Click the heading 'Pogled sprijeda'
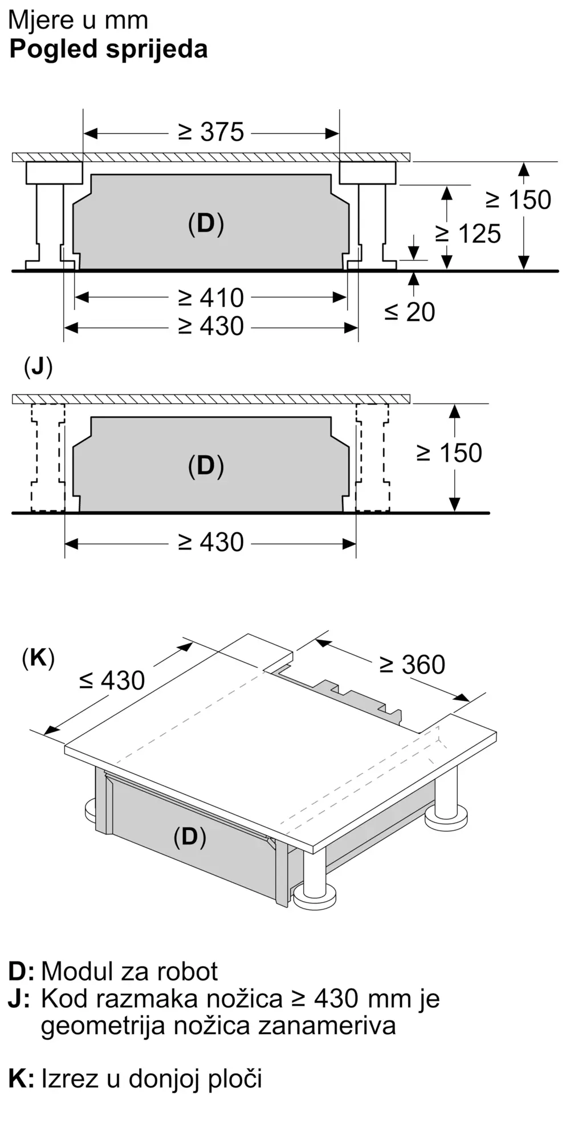click(x=108, y=50)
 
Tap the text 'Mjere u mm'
click(x=79, y=21)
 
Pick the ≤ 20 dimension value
click(x=410, y=312)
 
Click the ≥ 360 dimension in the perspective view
click(x=413, y=665)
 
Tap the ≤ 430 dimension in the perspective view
click(x=112, y=680)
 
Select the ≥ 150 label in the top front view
click(x=519, y=200)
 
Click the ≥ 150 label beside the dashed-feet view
click(x=450, y=453)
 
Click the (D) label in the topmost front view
click(x=206, y=224)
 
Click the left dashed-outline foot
click(x=48, y=458)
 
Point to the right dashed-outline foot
click(x=373, y=458)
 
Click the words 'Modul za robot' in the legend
click(x=129, y=971)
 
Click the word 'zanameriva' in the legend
click(x=327, y=1025)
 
